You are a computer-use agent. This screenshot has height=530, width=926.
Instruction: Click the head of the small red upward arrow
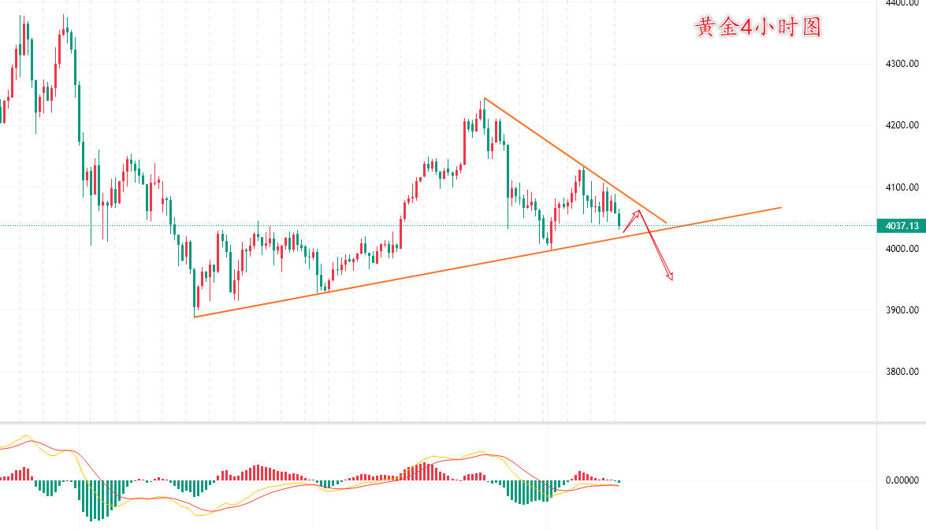[x=638, y=211]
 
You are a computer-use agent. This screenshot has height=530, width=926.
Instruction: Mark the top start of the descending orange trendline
[x=484, y=98]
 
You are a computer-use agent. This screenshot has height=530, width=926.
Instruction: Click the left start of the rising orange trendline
[x=195, y=317]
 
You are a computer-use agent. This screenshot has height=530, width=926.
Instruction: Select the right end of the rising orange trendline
[x=781, y=207]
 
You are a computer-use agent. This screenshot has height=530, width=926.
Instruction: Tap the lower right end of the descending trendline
[x=666, y=223]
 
